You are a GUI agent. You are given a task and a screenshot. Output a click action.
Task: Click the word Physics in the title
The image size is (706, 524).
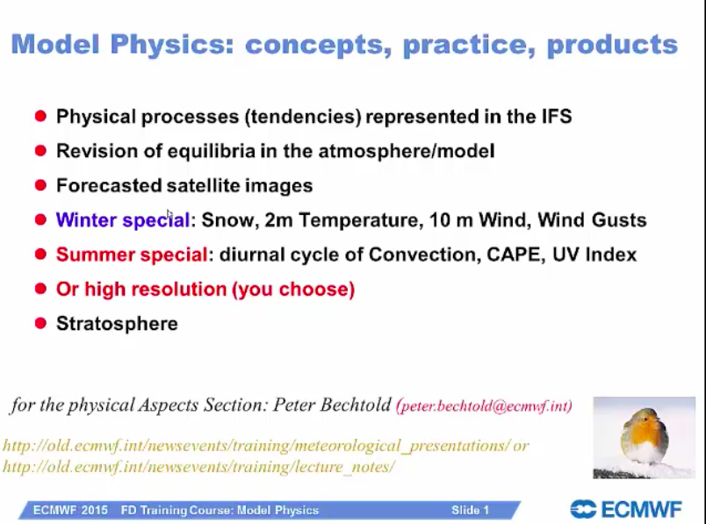click(172, 45)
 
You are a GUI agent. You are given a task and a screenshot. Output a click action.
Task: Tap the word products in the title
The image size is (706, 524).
click(612, 45)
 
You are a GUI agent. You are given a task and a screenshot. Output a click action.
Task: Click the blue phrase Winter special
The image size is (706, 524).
click(122, 220)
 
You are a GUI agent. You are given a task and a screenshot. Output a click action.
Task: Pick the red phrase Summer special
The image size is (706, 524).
click(132, 255)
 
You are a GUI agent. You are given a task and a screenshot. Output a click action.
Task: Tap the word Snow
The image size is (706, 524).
click(230, 220)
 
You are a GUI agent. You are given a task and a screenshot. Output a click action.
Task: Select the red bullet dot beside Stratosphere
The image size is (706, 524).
click(40, 323)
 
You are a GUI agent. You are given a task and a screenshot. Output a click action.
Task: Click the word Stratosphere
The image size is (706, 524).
click(117, 324)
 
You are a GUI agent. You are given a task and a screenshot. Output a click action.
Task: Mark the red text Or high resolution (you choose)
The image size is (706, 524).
click(205, 290)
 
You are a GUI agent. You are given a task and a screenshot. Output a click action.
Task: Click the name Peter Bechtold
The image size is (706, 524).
click(332, 405)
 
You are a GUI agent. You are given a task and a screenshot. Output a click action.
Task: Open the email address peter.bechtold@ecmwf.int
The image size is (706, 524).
click(484, 406)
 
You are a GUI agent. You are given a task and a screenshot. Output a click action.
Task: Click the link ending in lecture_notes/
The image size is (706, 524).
click(198, 467)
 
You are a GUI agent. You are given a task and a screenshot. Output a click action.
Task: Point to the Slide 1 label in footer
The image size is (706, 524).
click(470, 510)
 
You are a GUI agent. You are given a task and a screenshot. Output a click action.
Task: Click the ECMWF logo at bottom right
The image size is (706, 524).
click(626, 510)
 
